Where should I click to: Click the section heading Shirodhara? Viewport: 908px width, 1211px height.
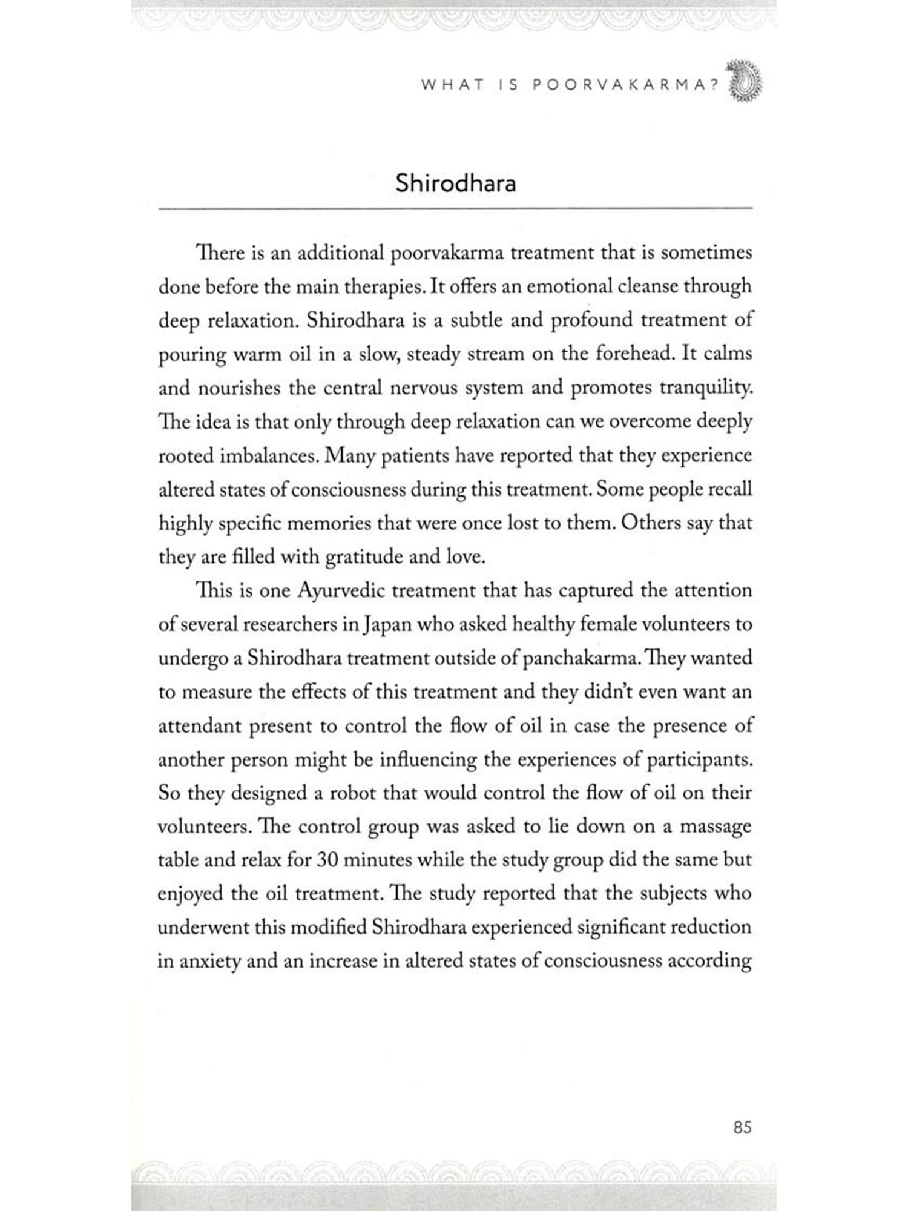coord(455,183)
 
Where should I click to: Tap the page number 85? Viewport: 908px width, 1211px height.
coord(742,1127)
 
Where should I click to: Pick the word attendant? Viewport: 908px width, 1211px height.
coord(200,726)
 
